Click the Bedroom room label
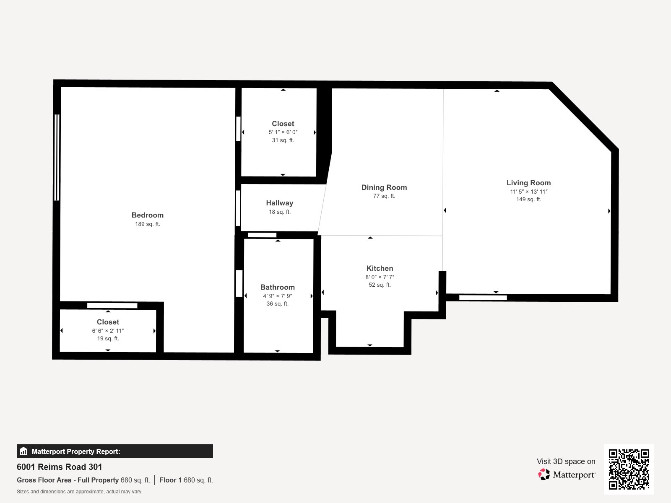pyautogui.click(x=147, y=215)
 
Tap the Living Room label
pyautogui.click(x=528, y=183)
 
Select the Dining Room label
pyautogui.click(x=384, y=187)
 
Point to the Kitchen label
pyautogui.click(x=380, y=268)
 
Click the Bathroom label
pyautogui.click(x=277, y=287)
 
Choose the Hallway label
pyautogui.click(x=279, y=203)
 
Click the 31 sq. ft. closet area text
pyautogui.click(x=283, y=140)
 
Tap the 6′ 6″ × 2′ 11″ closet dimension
pyautogui.click(x=108, y=331)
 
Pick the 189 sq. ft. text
pyautogui.click(x=147, y=224)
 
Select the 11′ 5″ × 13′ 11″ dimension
pyautogui.click(x=528, y=192)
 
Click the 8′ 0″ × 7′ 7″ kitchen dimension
pyautogui.click(x=380, y=277)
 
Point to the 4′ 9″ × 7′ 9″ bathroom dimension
pyautogui.click(x=277, y=296)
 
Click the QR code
pyautogui.click(x=629, y=469)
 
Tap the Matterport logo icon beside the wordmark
pyautogui.click(x=544, y=474)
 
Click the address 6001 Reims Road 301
pyautogui.click(x=59, y=467)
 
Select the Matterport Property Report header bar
pyautogui.click(x=114, y=451)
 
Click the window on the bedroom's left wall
pyautogui.click(x=57, y=157)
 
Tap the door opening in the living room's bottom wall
pyautogui.click(x=483, y=298)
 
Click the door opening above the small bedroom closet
pyautogui.click(x=112, y=306)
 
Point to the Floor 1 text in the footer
pyautogui.click(x=170, y=480)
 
